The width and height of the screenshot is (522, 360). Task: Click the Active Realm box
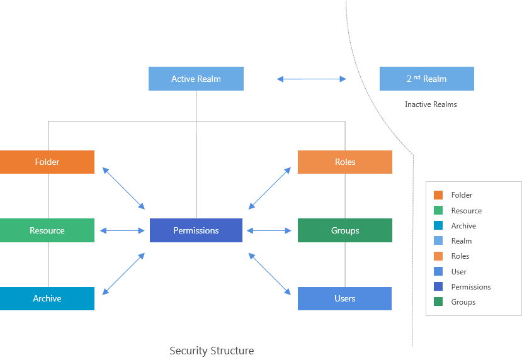point(196,79)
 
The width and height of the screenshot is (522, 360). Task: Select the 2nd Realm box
point(426,79)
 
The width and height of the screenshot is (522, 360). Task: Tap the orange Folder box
point(47,162)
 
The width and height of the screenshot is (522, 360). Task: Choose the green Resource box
point(47,230)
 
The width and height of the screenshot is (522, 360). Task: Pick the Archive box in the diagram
point(47,298)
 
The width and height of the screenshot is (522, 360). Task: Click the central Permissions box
point(196,230)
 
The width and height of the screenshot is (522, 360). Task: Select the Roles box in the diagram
point(344,162)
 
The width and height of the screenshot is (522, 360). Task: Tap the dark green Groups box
point(344,230)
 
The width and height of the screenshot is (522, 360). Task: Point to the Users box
point(344,298)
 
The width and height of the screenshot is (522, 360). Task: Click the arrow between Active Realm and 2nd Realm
point(312,79)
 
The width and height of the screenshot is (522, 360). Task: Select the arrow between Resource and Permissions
point(122,231)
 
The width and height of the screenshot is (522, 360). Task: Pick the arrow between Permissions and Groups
point(270,231)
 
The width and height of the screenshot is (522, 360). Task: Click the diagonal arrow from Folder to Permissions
point(123,188)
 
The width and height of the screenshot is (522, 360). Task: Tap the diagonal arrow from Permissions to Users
point(270,274)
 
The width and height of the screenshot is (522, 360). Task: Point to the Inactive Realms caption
point(431,104)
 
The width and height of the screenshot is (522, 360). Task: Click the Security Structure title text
point(212,351)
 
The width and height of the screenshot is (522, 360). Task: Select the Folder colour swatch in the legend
point(438,195)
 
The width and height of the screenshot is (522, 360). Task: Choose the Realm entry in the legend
point(461,241)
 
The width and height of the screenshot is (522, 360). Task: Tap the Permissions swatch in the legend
point(438,287)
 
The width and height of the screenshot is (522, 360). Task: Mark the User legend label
point(458,272)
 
